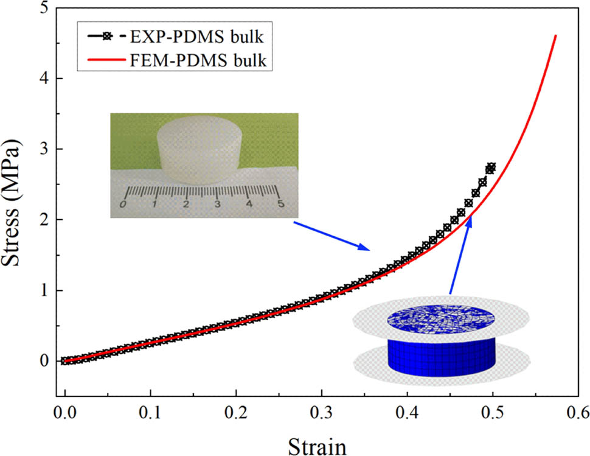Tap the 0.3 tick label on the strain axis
pos(235,413)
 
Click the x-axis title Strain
pos(320,443)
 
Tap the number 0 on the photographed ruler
pos(123,204)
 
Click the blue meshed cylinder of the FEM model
pos(441,354)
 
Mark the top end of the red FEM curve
pos(555,36)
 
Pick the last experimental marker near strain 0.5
pos(491,167)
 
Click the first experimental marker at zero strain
pos(64,360)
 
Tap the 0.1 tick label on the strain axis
pos(150,413)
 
